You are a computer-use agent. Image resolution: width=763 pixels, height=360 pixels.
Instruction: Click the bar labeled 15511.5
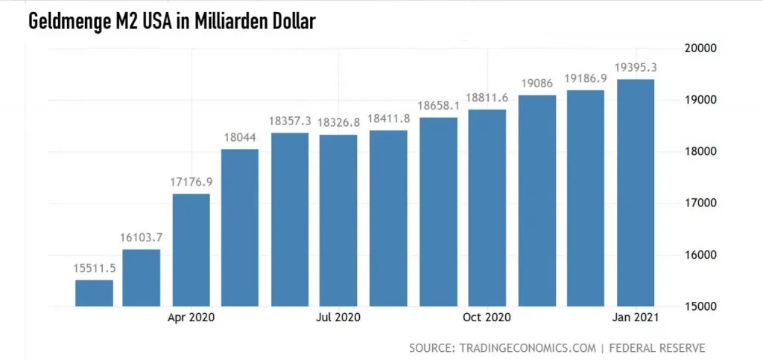[94, 293]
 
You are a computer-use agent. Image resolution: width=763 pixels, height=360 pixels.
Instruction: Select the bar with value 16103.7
[142, 277]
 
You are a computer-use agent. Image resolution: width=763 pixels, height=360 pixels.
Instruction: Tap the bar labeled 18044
[240, 227]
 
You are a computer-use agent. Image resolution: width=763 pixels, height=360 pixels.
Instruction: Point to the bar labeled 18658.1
[437, 212]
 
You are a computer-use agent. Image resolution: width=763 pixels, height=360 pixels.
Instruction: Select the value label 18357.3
[290, 121]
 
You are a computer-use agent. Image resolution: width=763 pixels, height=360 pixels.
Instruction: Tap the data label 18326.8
[339, 121]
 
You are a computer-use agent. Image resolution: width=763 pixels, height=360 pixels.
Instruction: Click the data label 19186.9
[586, 77]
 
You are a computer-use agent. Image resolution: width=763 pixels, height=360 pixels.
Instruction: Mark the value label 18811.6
[487, 97]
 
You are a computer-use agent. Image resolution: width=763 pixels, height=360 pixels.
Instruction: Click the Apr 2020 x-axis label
[191, 318]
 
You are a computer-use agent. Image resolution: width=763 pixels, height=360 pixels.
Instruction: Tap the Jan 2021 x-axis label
[635, 318]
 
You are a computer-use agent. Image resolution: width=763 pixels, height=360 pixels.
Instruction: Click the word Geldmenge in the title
[72, 22]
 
